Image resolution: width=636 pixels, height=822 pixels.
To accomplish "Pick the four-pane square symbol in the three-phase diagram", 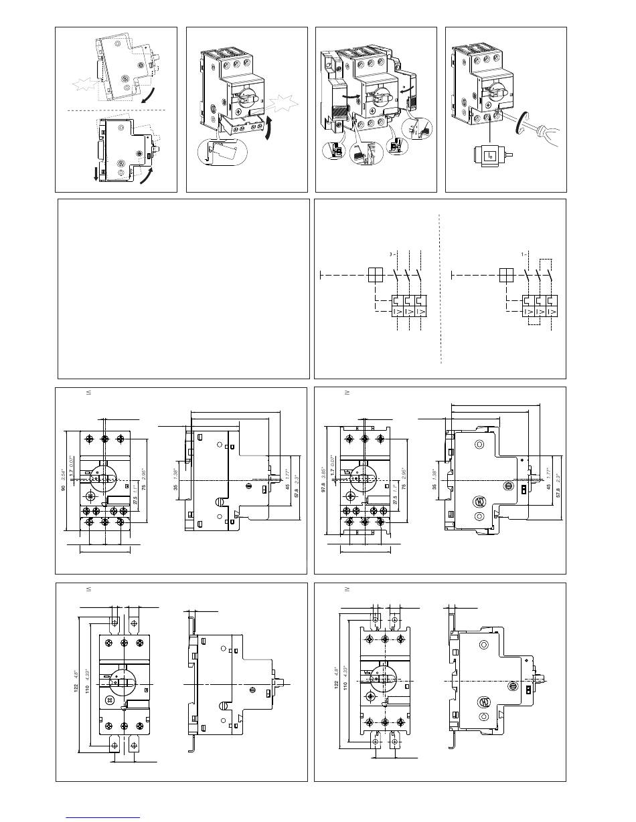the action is click(x=376, y=275).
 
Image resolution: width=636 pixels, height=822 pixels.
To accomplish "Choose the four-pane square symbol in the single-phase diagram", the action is click(x=506, y=275).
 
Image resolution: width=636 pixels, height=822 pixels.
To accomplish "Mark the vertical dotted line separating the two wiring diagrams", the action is click(x=441, y=288).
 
